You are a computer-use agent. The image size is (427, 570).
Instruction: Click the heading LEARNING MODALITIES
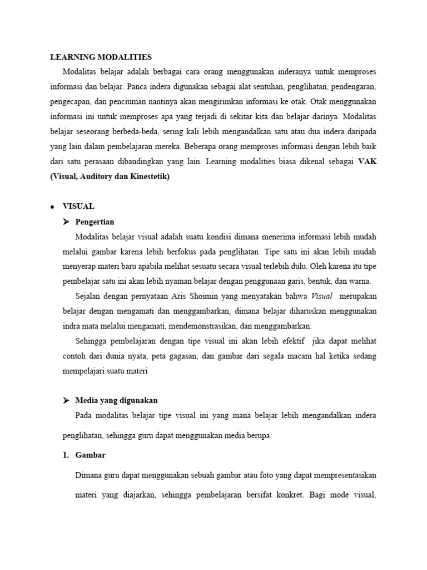coord(101,57)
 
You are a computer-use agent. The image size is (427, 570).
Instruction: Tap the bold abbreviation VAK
coord(367,162)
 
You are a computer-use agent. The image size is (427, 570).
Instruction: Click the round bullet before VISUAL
coord(52,207)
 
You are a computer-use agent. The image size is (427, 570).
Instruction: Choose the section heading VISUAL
coord(79,206)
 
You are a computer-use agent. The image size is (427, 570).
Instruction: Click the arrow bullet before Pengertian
coord(66,222)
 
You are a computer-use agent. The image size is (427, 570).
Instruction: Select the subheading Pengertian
coord(95,222)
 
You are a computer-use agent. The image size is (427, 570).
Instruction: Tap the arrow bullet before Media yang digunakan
coord(66,400)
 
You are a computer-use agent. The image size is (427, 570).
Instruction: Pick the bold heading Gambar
coord(90,455)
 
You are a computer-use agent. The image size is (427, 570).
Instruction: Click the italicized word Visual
coord(322,296)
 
